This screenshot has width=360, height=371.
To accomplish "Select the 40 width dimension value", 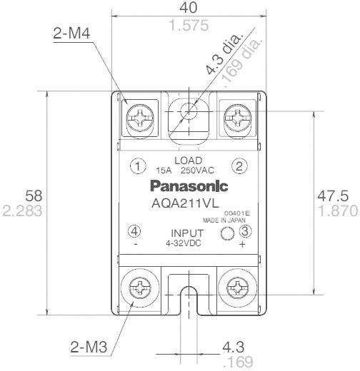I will point(189,9).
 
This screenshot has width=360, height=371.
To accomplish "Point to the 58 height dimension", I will point(33,195).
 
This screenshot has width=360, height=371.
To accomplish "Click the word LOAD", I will point(189,161).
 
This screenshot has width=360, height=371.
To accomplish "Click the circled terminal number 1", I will point(136,166).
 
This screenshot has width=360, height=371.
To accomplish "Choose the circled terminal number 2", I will point(241,166).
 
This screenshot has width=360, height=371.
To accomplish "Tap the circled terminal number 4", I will point(136,231).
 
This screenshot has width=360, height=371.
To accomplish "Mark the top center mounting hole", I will point(189,111).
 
